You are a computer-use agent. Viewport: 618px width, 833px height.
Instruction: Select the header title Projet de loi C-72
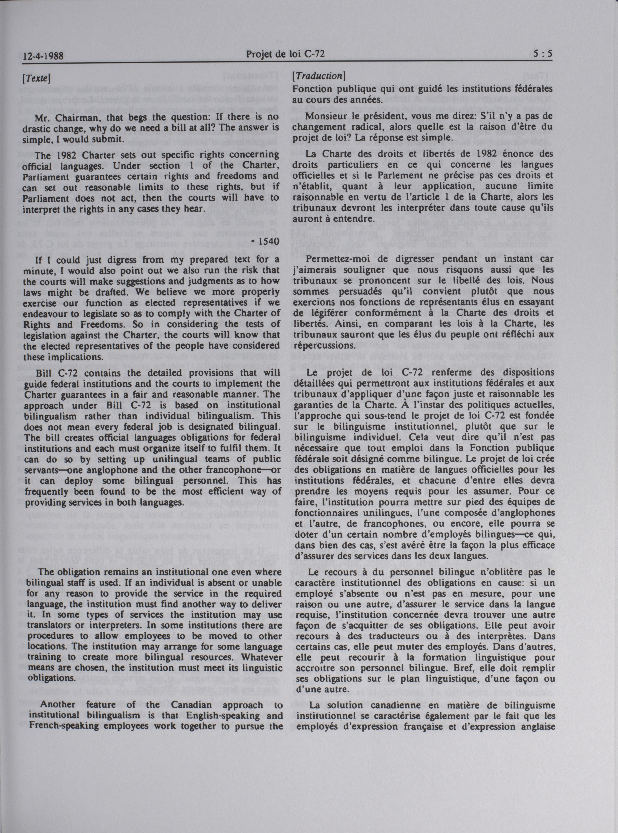pyautogui.click(x=285, y=55)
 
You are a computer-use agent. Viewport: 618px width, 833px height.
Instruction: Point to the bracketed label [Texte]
pyautogui.click(x=36, y=79)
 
